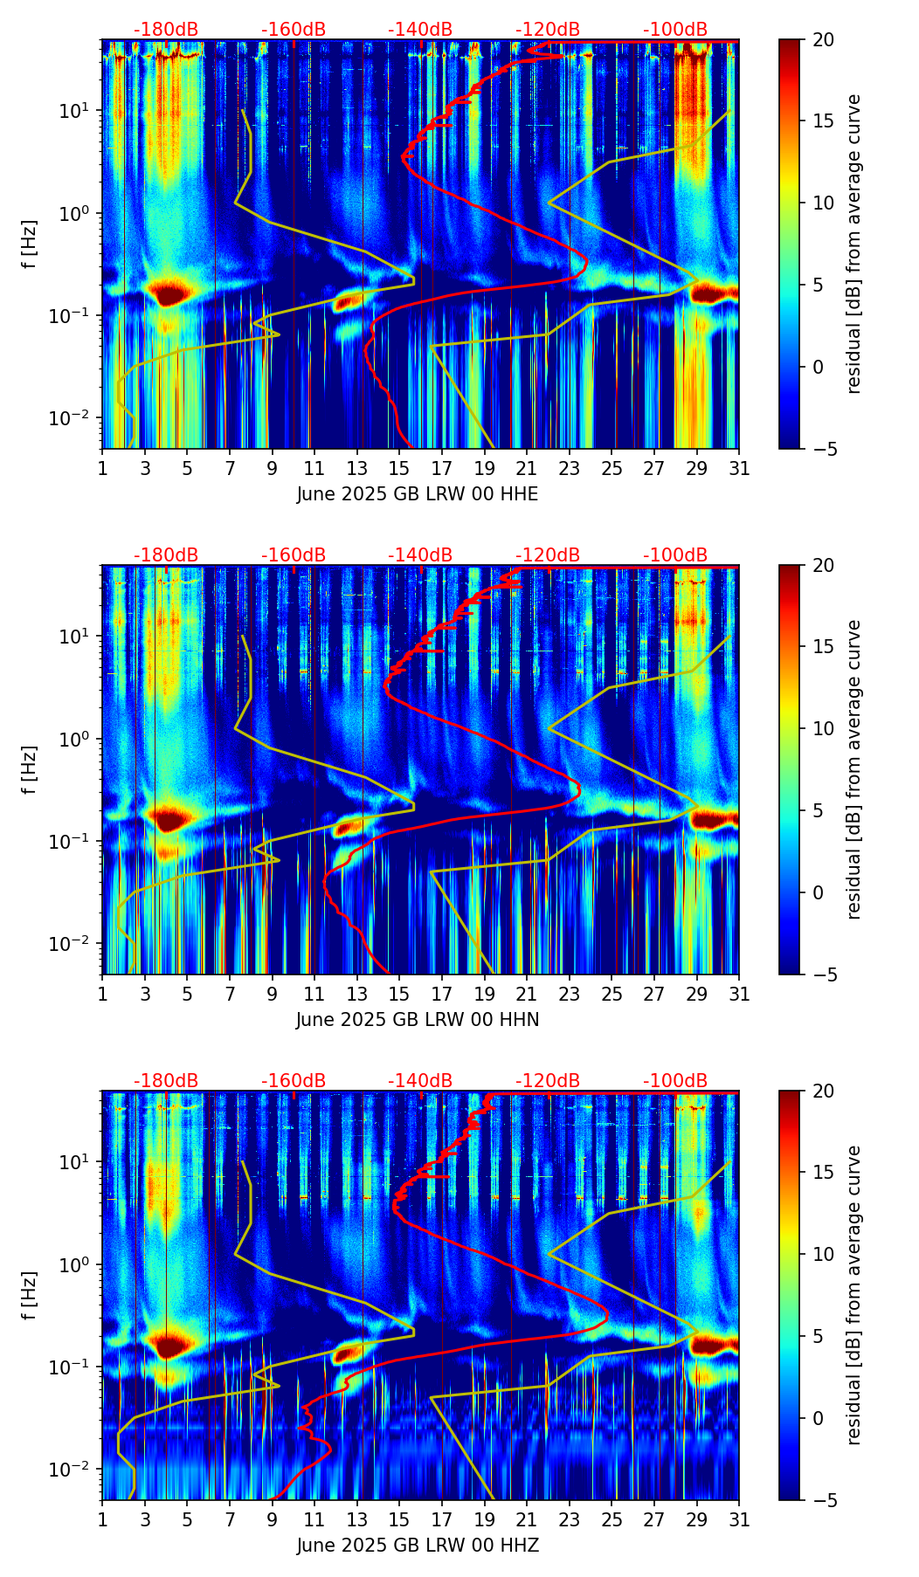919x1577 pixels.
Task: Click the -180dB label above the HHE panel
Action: click(166, 30)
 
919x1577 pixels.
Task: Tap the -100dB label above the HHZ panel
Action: click(675, 1081)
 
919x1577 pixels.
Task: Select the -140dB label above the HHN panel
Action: click(420, 555)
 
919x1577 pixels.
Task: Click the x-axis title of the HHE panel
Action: click(418, 494)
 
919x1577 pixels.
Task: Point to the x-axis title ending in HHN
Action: click(418, 1020)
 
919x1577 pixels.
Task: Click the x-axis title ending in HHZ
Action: click(418, 1546)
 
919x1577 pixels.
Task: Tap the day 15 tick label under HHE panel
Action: click(399, 468)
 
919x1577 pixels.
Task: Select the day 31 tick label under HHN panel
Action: click(739, 994)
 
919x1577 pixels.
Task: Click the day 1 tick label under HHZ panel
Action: click(103, 1519)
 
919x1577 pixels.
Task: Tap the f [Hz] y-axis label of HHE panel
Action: click(31, 244)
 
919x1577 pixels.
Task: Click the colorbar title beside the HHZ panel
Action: click(854, 1295)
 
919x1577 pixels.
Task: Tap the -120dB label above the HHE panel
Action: click(548, 30)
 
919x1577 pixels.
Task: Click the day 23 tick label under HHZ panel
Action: click(570, 1519)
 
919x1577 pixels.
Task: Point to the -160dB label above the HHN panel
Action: click(294, 555)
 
